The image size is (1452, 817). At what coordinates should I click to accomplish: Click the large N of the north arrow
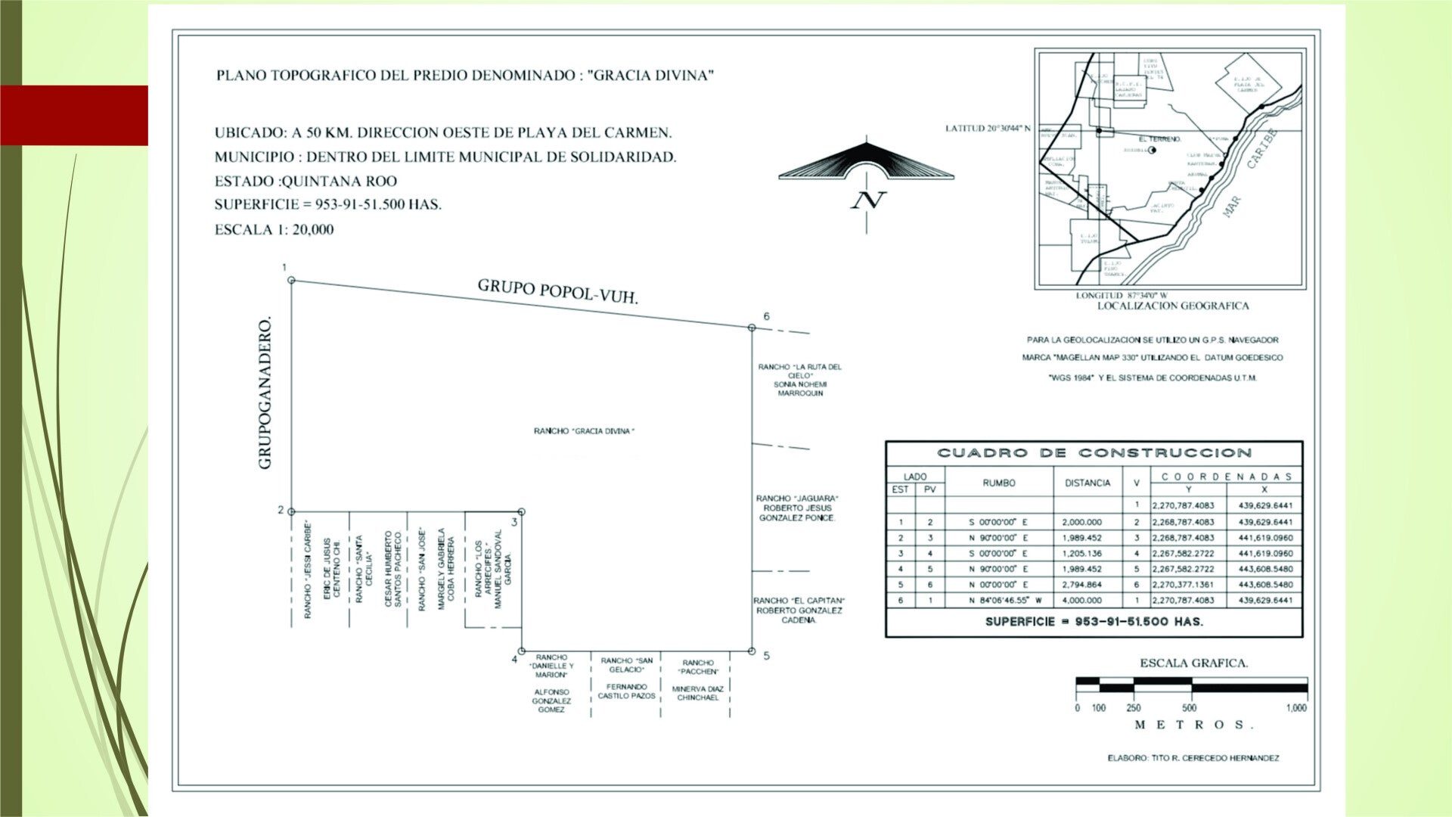point(867,200)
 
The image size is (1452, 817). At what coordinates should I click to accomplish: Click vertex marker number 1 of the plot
point(292,281)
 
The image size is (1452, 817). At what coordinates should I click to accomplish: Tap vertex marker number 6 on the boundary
point(752,328)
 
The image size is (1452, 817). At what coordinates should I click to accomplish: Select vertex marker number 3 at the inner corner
point(521,512)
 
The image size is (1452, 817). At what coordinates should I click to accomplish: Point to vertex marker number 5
point(752,651)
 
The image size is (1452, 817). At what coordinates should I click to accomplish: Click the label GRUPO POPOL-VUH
point(557,291)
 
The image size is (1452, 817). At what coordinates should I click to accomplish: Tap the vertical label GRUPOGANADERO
point(265,393)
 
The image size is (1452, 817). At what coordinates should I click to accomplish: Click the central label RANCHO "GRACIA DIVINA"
point(584,431)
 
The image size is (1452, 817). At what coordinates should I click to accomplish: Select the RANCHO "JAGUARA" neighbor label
point(797,499)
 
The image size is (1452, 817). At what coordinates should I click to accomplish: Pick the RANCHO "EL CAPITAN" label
point(799,601)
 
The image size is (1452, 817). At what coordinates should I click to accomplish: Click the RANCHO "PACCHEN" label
point(698,666)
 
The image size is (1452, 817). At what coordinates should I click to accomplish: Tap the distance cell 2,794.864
point(1081,585)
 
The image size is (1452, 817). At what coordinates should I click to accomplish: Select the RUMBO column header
point(998,483)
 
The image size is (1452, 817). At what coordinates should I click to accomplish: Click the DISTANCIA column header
point(1087,483)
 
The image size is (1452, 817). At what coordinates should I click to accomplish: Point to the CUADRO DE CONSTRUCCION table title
point(1094,453)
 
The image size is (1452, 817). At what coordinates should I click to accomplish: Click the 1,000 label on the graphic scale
point(1295,708)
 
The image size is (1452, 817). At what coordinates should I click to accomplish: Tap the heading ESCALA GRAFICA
point(1193,663)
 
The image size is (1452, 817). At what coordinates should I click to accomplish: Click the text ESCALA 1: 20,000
point(274,230)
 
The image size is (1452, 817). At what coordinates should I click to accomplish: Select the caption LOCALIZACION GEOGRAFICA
point(1173,306)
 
